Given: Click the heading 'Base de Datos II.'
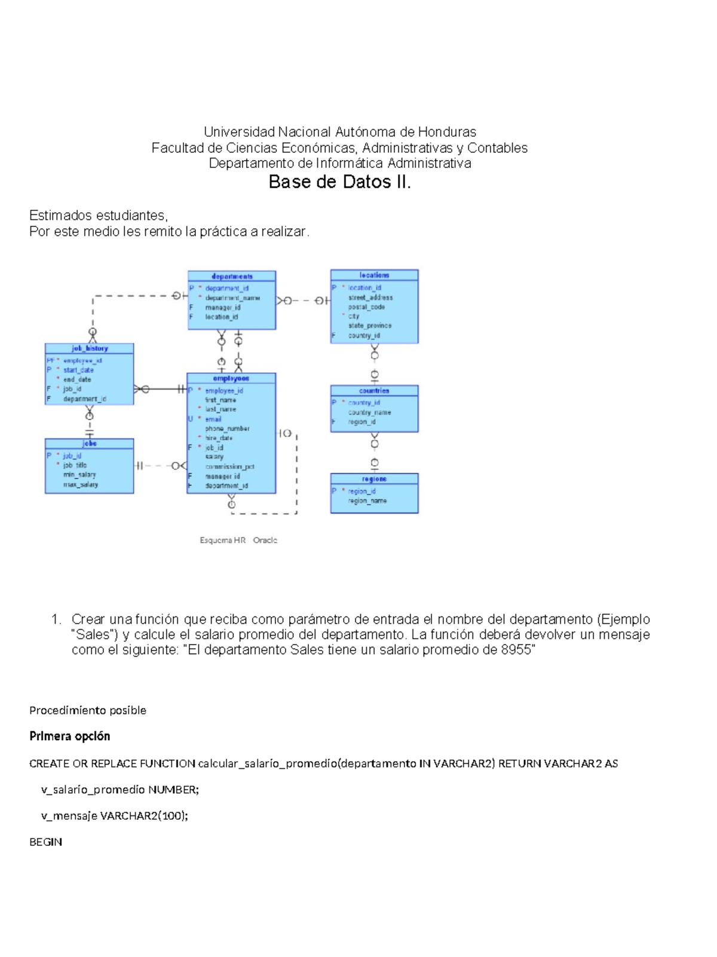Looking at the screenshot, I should (339, 182).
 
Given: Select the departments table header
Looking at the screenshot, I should (232, 277).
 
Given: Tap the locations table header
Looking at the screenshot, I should (375, 275).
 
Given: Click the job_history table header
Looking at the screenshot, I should (90, 348).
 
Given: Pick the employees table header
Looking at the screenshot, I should (231, 379).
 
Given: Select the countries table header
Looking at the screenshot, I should (375, 391).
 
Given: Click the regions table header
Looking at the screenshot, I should (375, 479).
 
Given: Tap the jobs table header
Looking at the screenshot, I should (90, 444).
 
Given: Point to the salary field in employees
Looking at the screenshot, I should (214, 457).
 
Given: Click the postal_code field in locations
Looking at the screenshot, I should (366, 307).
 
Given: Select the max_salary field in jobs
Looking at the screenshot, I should (81, 484).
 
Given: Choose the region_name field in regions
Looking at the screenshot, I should (367, 501).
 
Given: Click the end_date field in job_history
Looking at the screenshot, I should (77, 379).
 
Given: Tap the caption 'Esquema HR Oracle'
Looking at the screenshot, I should (238, 540).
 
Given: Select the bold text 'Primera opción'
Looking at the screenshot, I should (70, 736).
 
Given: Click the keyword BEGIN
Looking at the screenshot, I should (45, 842).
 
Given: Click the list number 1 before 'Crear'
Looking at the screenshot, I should (56, 619).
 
